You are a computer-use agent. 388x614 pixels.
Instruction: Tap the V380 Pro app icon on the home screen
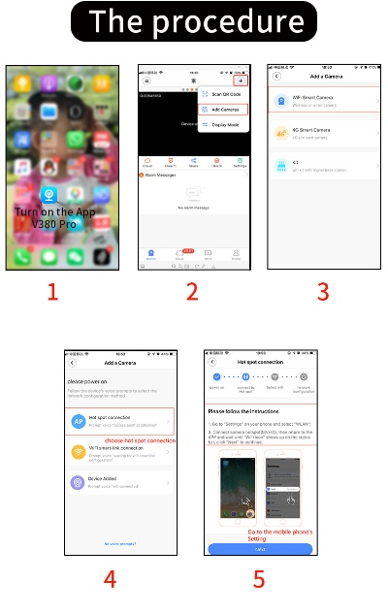click(x=48, y=193)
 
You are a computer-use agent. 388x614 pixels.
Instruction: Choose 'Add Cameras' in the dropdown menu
click(x=223, y=110)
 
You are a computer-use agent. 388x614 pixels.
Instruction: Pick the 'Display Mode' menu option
click(x=223, y=125)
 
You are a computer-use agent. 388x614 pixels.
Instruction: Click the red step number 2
click(x=192, y=292)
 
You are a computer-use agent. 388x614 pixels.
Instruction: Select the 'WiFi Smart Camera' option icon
click(x=282, y=100)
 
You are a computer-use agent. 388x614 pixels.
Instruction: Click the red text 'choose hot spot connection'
click(x=140, y=439)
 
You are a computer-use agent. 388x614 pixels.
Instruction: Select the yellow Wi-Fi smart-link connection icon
click(x=78, y=451)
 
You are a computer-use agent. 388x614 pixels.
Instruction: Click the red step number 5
click(x=259, y=581)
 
